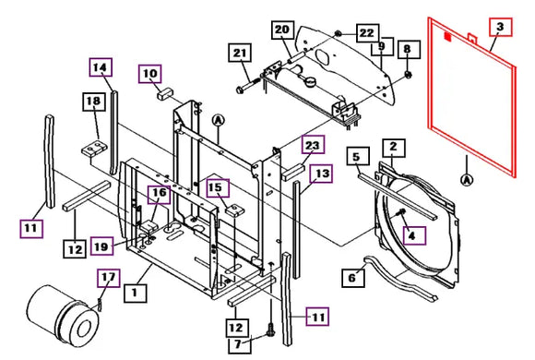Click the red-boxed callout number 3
[501, 27]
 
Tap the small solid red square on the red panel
[447, 37]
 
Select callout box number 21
[240, 53]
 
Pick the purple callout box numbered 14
[101, 67]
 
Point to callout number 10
[150, 74]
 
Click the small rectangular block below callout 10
[165, 93]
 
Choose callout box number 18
[94, 102]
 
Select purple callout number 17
[109, 278]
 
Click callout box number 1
[136, 293]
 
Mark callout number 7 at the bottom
[240, 344]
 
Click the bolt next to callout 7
[271, 330]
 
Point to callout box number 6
[353, 278]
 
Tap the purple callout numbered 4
[414, 235]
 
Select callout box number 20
[283, 30]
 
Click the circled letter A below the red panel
[467, 179]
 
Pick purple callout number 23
[313, 145]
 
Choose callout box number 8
[409, 50]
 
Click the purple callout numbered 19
[102, 246]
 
